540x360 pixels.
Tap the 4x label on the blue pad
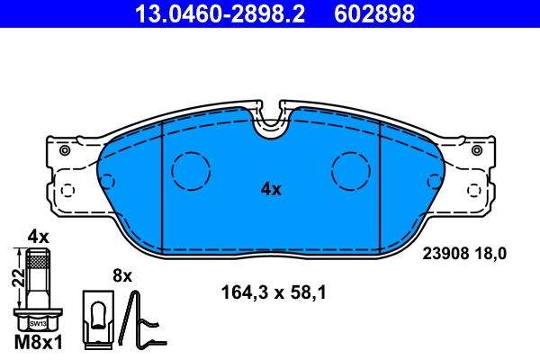pyautogui.click(x=271, y=189)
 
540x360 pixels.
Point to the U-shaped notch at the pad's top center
pyautogui.click(x=270, y=126)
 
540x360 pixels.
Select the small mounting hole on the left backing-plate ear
pyautogui.click(x=64, y=150)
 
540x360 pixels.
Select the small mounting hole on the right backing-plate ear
pyautogui.click(x=475, y=150)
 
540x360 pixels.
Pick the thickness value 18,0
pyautogui.click(x=491, y=254)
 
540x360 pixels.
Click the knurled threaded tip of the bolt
pyautogui.click(x=37, y=261)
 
